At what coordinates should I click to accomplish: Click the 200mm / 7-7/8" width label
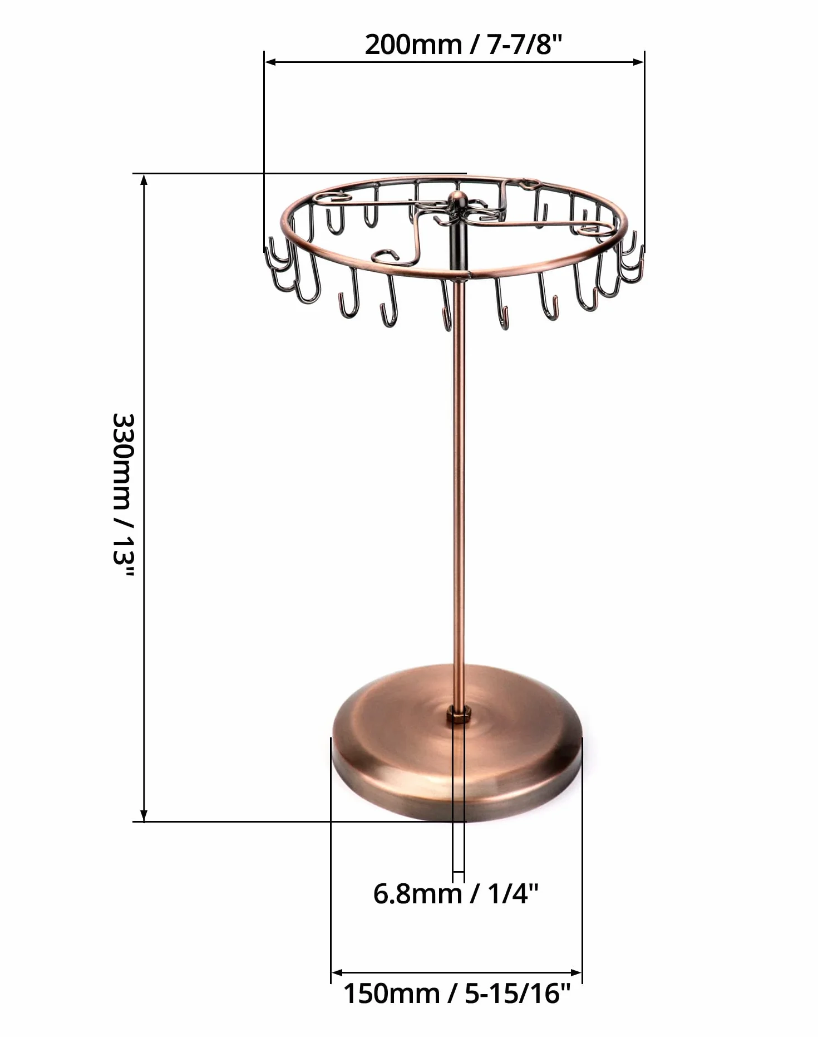pyautogui.click(x=464, y=44)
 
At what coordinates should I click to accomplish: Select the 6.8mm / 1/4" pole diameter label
pyautogui.click(x=456, y=894)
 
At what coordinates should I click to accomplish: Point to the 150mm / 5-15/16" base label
pyautogui.click(x=456, y=993)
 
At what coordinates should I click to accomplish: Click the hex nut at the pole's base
pyautogui.click(x=459, y=714)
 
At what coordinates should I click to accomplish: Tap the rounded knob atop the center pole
pyautogui.click(x=459, y=199)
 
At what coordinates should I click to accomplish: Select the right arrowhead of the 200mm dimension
pyautogui.click(x=638, y=62)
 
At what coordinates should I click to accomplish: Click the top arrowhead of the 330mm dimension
pyautogui.click(x=144, y=179)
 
